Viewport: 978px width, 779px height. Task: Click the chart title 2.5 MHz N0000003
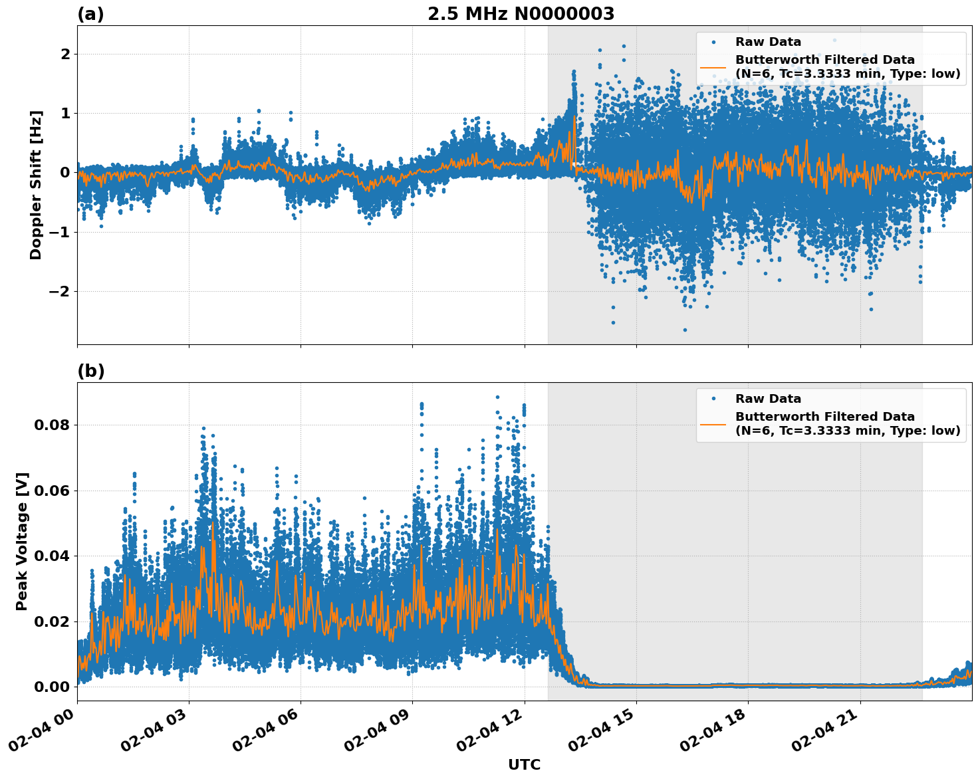(521, 14)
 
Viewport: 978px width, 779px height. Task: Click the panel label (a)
(90, 14)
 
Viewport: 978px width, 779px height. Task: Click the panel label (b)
(90, 371)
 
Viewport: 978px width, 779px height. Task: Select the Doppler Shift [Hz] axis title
(36, 185)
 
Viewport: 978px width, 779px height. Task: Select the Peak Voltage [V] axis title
(22, 541)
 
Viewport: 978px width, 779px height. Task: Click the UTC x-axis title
(524, 764)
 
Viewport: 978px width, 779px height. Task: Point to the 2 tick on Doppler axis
(65, 54)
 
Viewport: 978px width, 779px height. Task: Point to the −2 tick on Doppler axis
(61, 291)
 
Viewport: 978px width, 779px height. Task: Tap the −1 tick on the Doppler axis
(61, 232)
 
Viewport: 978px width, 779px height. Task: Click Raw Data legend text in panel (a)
(768, 42)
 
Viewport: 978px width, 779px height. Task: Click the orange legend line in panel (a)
(713, 67)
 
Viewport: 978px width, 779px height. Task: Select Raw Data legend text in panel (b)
(768, 399)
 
